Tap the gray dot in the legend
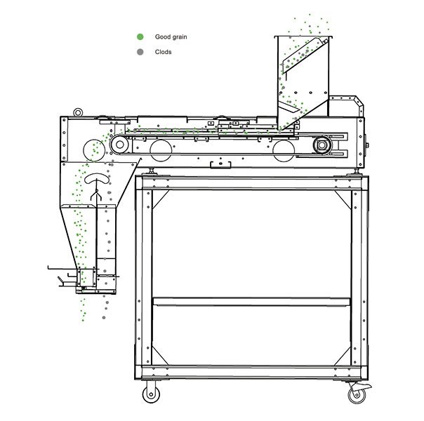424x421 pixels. (x=140, y=51)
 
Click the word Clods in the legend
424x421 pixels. (x=163, y=51)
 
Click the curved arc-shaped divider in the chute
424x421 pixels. (x=97, y=180)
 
